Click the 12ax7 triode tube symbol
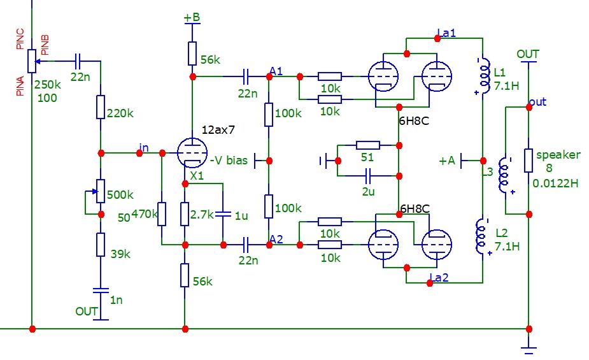click(192, 153)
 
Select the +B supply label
click(192, 18)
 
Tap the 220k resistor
click(101, 106)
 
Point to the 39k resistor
click(101, 245)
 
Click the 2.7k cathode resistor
click(185, 215)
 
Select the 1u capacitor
click(224, 215)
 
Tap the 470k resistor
click(162, 215)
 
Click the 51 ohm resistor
click(367, 145)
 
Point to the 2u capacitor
click(367, 175)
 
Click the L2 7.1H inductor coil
click(482, 236)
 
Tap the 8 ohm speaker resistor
click(528, 161)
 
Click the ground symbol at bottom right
click(529, 349)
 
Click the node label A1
click(276, 69)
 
